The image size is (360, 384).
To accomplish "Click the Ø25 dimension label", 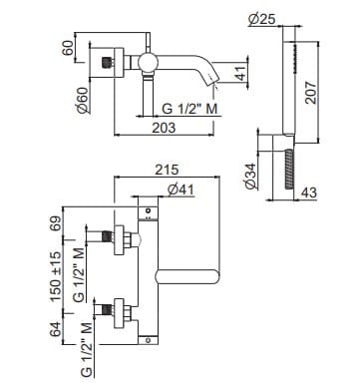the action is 261,19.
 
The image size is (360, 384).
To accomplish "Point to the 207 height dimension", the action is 311,92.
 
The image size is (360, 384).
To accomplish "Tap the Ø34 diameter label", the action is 251,177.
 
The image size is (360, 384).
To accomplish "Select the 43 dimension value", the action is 309,192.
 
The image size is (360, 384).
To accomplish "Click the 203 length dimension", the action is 164,128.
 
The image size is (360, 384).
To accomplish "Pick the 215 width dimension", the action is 167,170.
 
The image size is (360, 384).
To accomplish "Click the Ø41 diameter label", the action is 180,190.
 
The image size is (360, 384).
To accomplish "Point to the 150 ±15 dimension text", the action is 56,276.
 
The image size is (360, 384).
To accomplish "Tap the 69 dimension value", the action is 56,224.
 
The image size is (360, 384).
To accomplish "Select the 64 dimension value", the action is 56,329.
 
